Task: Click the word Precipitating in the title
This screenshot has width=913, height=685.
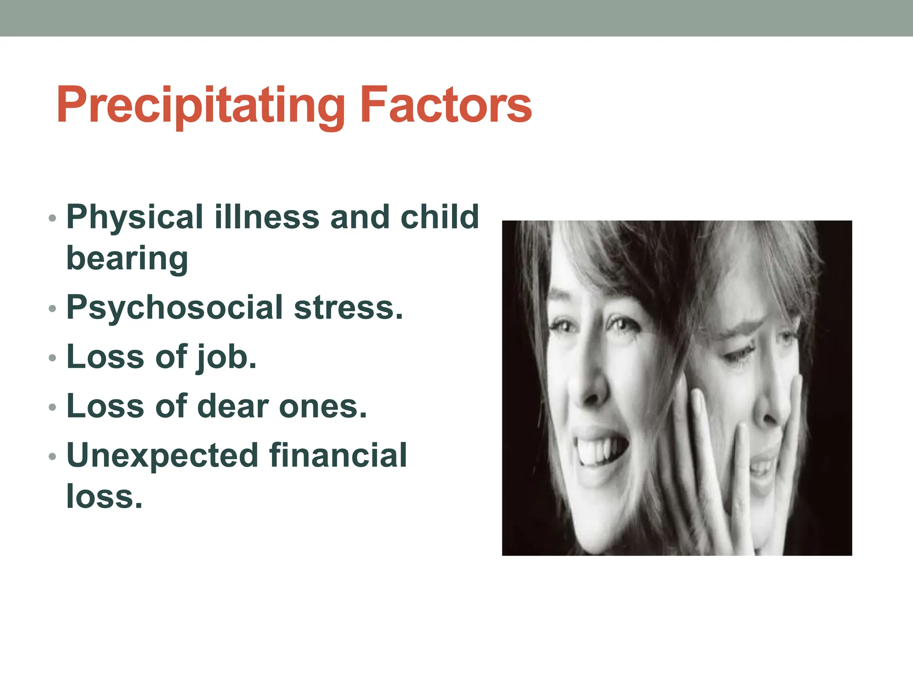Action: point(201,105)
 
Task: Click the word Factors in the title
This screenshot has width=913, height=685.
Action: point(445,105)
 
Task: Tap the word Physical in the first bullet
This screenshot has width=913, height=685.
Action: point(135,218)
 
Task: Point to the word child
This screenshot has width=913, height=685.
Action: point(440,218)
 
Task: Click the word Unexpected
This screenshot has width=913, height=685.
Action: point(162,456)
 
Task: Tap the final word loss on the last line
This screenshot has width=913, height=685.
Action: point(104,497)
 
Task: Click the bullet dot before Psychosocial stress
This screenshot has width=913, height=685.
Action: point(53,309)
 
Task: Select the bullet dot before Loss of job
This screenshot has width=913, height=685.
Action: point(53,358)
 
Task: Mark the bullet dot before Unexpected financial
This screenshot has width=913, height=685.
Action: point(53,456)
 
